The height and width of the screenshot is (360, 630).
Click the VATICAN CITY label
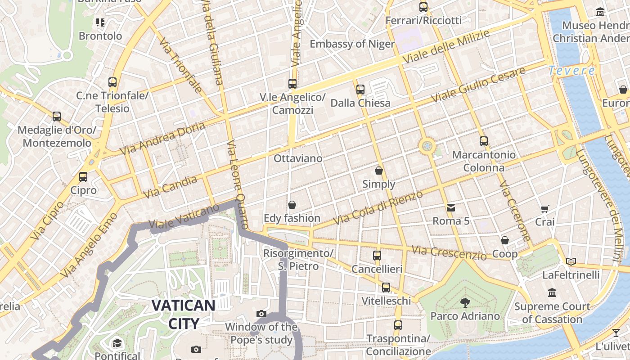pos(183,314)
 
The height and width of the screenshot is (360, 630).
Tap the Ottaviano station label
pos(298,158)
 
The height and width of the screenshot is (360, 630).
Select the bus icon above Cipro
pos(83,177)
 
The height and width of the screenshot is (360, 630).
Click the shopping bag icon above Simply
pos(379,171)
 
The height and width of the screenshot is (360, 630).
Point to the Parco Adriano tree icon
pos(465,303)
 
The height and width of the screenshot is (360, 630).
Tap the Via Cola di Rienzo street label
pos(378,208)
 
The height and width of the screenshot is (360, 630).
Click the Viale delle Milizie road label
pos(446,47)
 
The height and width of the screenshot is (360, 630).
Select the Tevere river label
pos(571,71)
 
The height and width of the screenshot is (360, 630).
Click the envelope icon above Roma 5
pos(450,207)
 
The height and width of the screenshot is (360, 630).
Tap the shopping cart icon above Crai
pos(544,209)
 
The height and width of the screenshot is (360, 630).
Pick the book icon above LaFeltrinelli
pos(571,261)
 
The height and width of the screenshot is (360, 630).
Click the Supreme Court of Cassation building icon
pos(552,293)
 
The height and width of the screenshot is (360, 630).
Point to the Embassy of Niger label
pos(352,44)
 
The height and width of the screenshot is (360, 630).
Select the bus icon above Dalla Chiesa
pos(360,90)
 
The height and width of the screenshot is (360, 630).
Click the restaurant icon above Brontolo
pos(100,22)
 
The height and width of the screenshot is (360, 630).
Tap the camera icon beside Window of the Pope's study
pos(261,314)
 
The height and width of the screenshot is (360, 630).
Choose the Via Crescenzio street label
pos(449,252)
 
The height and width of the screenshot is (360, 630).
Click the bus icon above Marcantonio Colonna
pos(484,141)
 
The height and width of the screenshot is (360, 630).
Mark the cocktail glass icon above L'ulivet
pos(616,333)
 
